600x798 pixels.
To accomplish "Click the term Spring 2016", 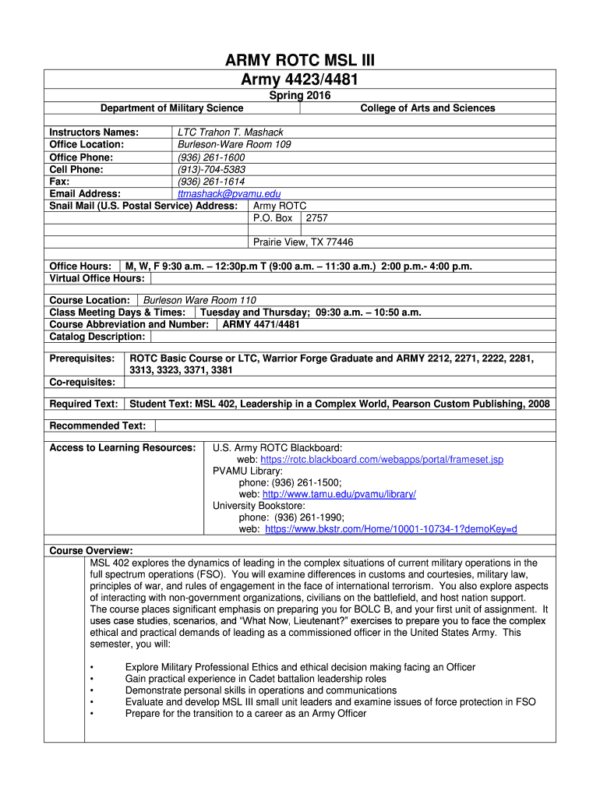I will (x=299, y=96).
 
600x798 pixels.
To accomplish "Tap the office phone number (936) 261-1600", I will (x=211, y=157).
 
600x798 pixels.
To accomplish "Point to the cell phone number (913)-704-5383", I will (x=211, y=169).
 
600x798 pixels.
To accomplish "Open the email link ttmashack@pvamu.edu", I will (x=229, y=194).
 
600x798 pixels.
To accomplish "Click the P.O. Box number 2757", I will (x=317, y=218).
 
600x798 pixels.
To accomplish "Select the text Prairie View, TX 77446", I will (x=303, y=242).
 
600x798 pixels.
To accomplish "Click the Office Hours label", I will (x=81, y=267).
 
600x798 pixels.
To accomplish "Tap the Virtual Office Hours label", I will (x=97, y=278).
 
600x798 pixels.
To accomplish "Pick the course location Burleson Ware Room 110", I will (x=199, y=300).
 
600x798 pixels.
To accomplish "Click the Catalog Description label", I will (x=97, y=337).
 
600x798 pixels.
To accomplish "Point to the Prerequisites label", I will (x=82, y=358).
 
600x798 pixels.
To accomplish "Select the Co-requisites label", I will (x=82, y=382).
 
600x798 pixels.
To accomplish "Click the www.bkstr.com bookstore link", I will (x=391, y=529).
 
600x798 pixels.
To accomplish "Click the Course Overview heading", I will (x=90, y=550).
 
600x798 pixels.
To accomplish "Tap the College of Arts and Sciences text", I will (x=427, y=108).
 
